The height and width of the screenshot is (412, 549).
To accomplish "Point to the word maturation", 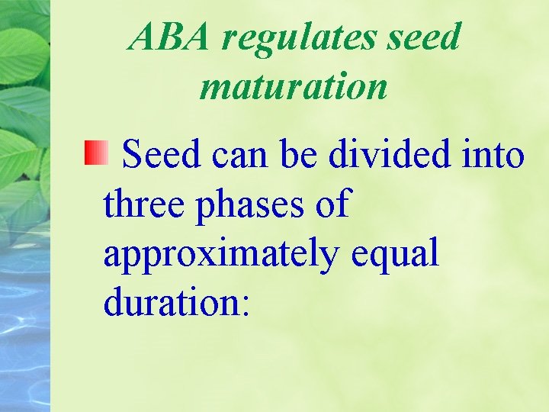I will click(x=294, y=85).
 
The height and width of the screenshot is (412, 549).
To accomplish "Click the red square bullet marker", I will click(x=95, y=154).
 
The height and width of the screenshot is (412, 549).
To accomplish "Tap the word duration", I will click(x=170, y=303).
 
